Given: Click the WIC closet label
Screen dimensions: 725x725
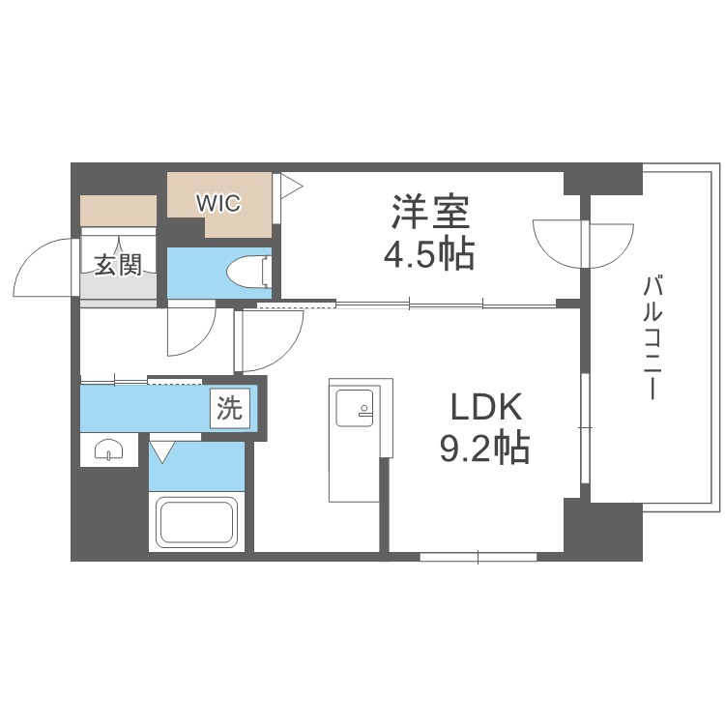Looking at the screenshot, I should point(217,204).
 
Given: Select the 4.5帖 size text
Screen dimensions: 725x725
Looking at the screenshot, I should point(430,253).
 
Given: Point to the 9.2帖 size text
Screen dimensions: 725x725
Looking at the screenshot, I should point(487,449).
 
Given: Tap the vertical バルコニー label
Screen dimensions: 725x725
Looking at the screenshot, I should point(654,338).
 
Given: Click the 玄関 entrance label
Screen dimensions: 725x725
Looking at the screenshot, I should point(118,264).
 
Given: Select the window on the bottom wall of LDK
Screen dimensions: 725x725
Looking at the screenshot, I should point(478,557).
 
